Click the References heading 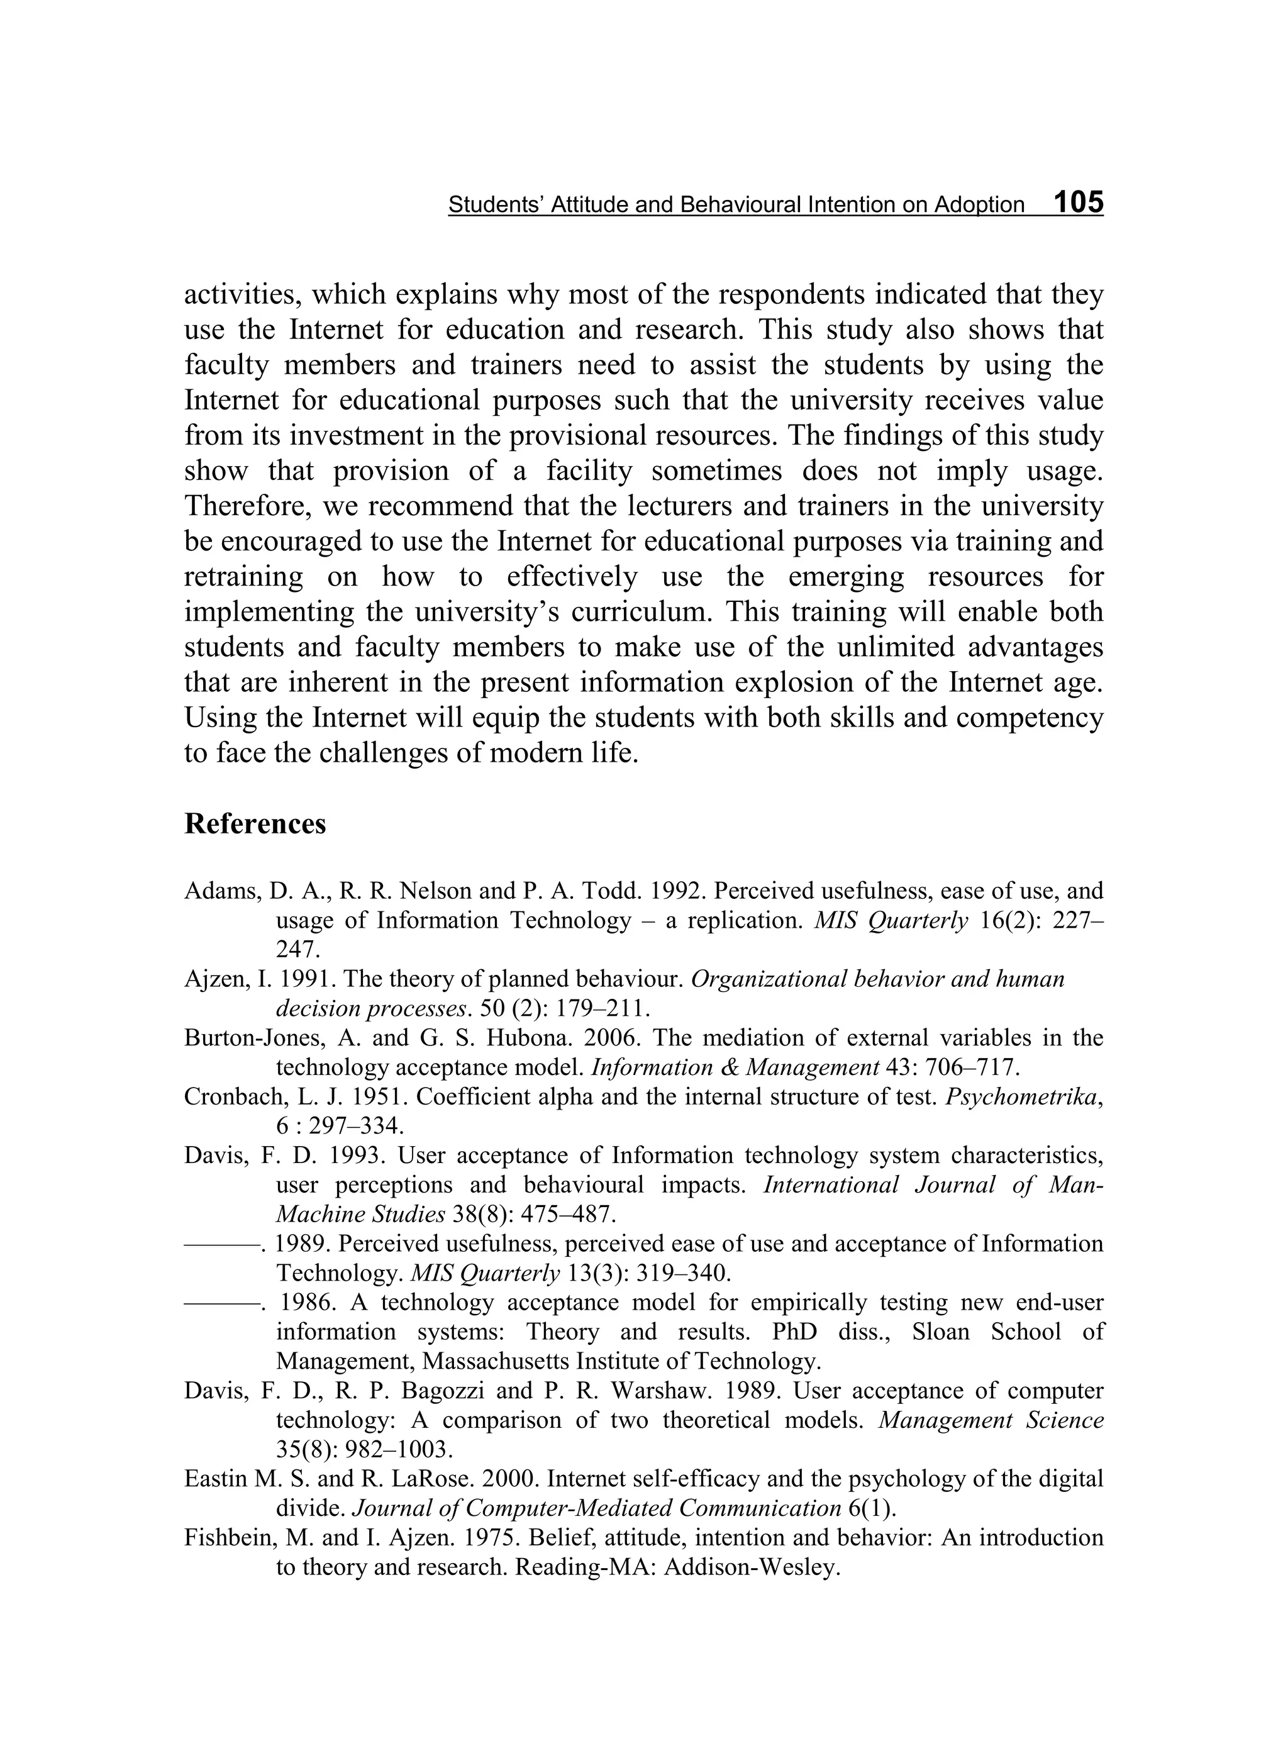255,824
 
